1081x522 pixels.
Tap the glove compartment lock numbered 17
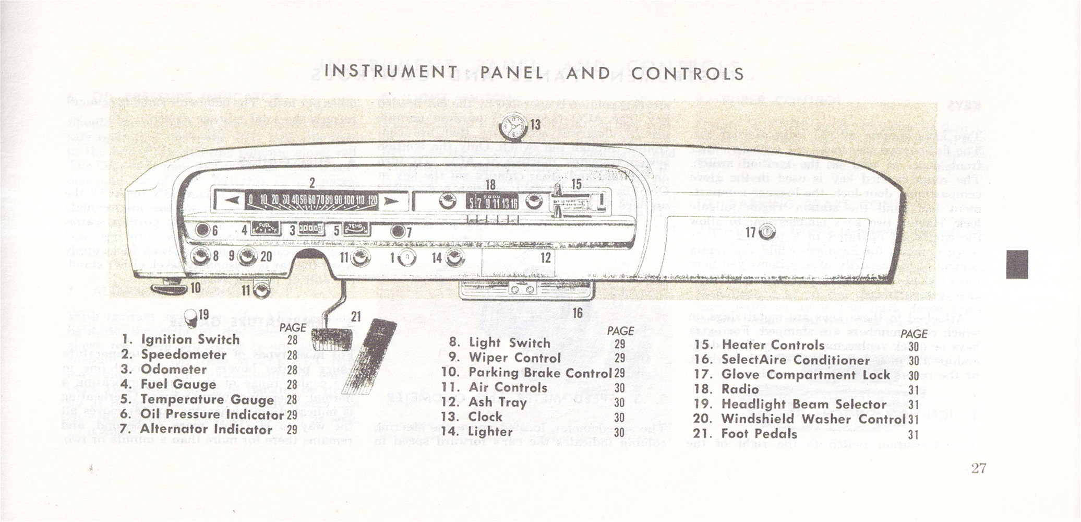(767, 233)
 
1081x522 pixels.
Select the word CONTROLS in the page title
(687, 73)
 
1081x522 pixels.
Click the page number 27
(978, 468)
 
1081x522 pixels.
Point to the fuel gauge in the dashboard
(266, 229)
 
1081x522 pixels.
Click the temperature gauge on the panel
(356, 229)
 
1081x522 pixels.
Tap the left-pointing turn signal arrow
(230, 200)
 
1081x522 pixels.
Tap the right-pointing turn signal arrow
(390, 201)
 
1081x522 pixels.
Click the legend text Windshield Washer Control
(813, 419)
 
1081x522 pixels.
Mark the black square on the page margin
(1017, 264)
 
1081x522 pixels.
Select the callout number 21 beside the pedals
(356, 316)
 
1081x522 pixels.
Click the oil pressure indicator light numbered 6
(202, 230)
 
